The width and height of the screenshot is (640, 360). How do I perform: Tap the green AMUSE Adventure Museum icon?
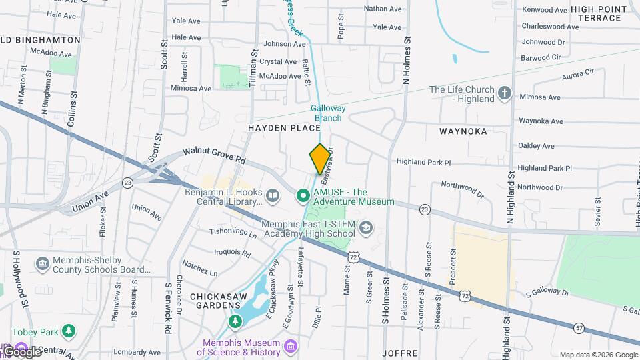[302, 196]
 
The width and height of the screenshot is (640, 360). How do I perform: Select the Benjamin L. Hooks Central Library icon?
[273, 196]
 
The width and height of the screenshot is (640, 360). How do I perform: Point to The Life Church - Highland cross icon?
[505, 94]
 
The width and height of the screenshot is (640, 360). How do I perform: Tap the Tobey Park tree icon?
[68, 331]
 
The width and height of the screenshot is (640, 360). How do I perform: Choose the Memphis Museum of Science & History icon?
[290, 347]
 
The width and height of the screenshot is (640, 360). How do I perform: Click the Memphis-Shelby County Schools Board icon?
[43, 265]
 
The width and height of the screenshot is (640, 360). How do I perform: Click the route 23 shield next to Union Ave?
[127, 182]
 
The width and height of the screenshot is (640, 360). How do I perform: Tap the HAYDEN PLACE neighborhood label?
[276, 127]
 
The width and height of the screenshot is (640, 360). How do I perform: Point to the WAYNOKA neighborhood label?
[463, 131]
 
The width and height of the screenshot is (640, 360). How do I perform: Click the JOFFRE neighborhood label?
[400, 353]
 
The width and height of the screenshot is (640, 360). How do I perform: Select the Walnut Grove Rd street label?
[214, 156]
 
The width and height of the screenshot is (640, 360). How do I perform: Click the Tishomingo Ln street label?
[233, 233]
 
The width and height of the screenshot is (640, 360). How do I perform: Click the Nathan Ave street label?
[383, 9]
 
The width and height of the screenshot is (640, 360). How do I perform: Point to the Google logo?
[22, 352]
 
